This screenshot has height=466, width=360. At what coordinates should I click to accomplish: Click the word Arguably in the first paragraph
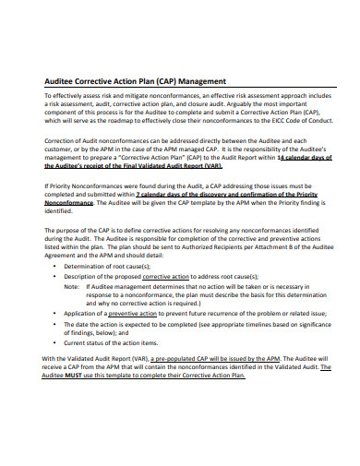239,103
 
